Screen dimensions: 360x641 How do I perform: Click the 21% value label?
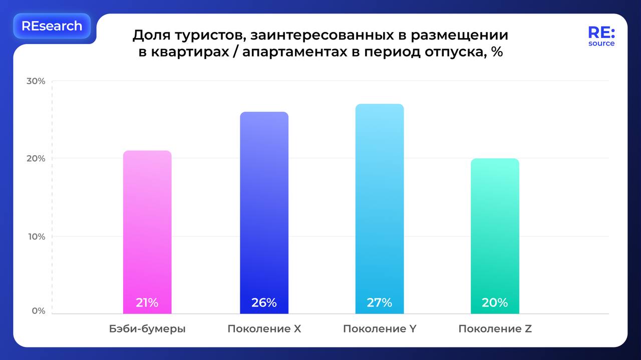tap(147, 302)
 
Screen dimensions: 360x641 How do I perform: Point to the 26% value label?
tap(264, 302)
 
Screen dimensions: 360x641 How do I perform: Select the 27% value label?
tap(380, 302)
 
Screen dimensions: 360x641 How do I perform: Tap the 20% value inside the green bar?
tap(495, 302)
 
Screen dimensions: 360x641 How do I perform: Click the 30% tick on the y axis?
tap(36, 81)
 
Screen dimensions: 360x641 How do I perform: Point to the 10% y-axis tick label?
tap(36, 236)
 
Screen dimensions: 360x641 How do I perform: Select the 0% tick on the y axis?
tap(38, 311)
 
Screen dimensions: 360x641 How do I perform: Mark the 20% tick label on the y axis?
tap(36, 159)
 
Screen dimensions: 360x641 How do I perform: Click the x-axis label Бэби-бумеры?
tap(147, 329)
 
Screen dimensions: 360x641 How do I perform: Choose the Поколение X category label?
tap(264, 329)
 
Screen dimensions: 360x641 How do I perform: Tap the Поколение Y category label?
tap(380, 329)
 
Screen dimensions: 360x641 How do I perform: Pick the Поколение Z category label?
tap(495, 329)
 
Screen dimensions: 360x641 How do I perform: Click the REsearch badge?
tap(52, 26)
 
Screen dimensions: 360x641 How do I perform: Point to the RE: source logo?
tap(601, 37)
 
